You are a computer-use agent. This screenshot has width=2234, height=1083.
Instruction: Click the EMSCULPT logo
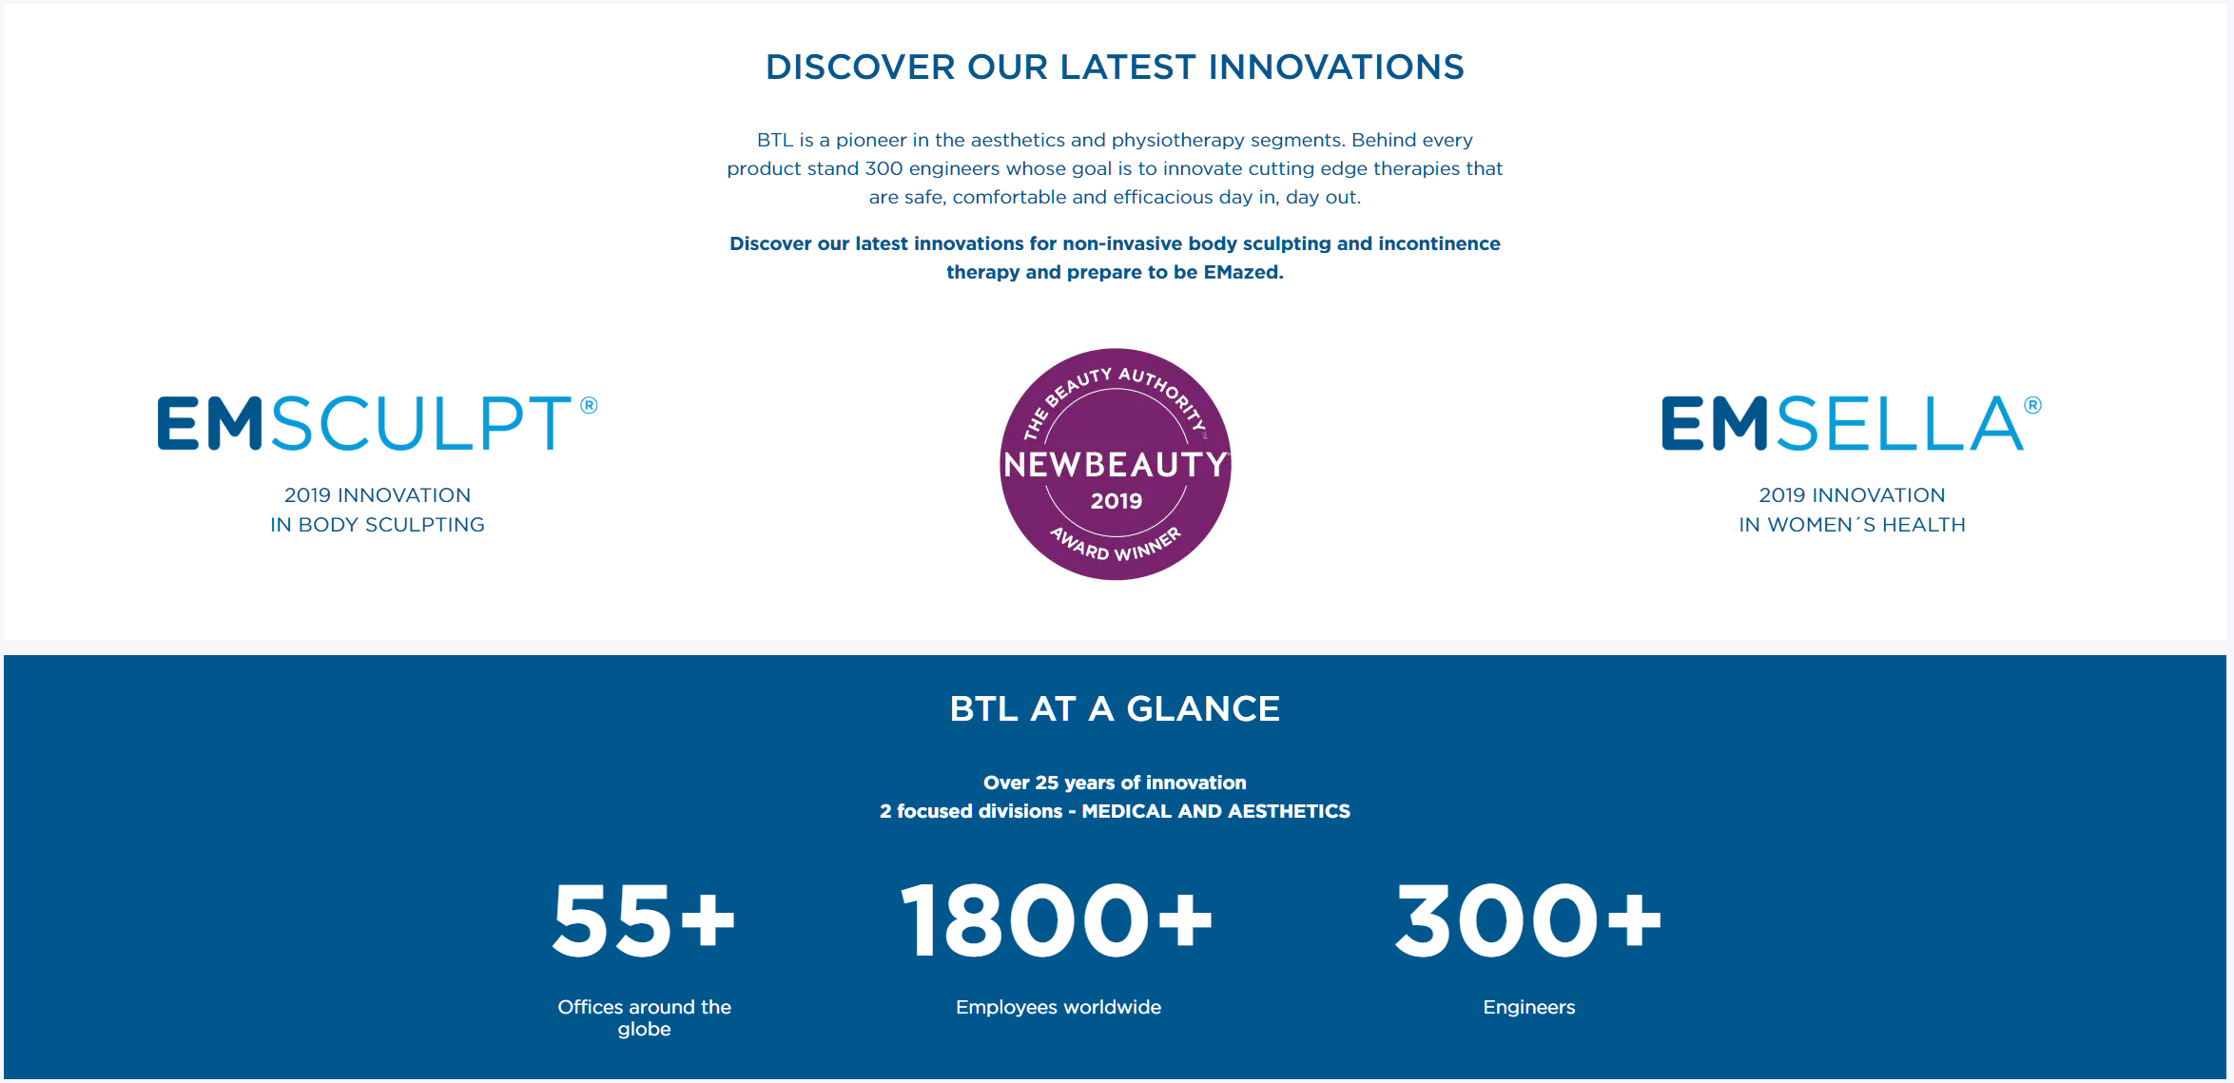[x=377, y=423]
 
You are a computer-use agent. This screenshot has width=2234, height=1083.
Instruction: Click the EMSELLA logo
[x=1851, y=423]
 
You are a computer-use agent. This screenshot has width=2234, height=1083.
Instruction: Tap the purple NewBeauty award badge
[x=1116, y=464]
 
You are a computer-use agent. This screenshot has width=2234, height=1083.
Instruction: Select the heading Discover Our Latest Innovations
[x=1115, y=68]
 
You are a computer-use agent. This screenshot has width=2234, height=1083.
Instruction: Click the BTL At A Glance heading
[x=1115, y=709]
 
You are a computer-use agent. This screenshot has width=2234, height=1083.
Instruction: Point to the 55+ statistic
[x=644, y=920]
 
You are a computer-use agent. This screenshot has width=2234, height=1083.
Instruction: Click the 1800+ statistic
[x=1057, y=920]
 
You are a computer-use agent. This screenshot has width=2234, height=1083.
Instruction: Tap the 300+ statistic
[x=1528, y=920]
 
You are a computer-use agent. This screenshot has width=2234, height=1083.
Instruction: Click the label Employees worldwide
[x=1059, y=1007]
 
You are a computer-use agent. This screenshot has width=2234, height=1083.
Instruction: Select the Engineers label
[x=1529, y=1007]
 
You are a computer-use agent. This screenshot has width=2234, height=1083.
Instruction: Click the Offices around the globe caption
[x=645, y=1017]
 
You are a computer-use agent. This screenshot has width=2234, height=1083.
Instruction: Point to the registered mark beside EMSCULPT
[x=590, y=406]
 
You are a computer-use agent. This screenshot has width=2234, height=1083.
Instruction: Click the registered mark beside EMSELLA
[x=2033, y=406]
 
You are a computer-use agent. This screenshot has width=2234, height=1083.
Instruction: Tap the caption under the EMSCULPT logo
[x=378, y=510]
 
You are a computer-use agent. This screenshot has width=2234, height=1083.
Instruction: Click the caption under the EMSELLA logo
[x=1852, y=510]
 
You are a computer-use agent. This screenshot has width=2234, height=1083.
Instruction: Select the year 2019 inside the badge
[x=1117, y=501]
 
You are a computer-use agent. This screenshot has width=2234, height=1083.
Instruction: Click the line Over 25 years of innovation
[x=1115, y=783]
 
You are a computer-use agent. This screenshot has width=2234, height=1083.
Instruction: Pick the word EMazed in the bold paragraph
[x=1241, y=272]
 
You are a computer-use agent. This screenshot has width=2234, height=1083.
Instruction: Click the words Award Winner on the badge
[x=1116, y=544]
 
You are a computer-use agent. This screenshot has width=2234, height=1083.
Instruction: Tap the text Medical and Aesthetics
[x=1215, y=811]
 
